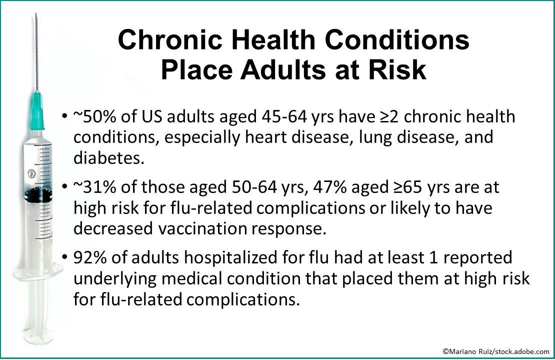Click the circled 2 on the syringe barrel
click(30, 174)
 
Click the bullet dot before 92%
click(65, 258)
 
